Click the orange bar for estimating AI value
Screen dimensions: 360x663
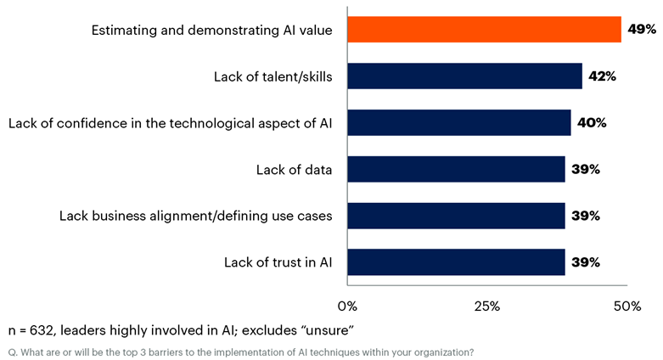pyautogui.click(x=484, y=30)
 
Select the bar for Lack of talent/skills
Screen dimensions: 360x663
pyautogui.click(x=464, y=76)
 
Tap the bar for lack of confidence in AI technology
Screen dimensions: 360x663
pyautogui.click(x=458, y=122)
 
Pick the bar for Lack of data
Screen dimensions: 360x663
pyautogui.click(x=456, y=169)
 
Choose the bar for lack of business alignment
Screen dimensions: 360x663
pyautogui.click(x=456, y=216)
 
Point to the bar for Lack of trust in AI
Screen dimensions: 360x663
pyautogui.click(x=456, y=262)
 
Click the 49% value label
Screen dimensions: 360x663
pyautogui.click(x=642, y=30)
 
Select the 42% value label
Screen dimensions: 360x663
pyautogui.click(x=602, y=76)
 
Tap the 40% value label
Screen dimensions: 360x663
pyautogui.click(x=591, y=122)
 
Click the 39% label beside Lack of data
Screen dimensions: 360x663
pyautogui.click(x=586, y=169)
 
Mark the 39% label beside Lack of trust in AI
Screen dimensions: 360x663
pyautogui.click(x=586, y=262)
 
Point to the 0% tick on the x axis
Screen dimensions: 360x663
pyautogui.click(x=347, y=305)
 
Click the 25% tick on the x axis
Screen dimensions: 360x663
pyautogui.click(x=486, y=305)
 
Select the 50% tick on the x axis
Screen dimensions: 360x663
pyautogui.click(x=626, y=305)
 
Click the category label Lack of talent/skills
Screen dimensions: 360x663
pyautogui.click(x=273, y=76)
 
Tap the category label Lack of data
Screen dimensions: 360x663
pyautogui.click(x=294, y=169)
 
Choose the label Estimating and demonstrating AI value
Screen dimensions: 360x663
pyautogui.click(x=211, y=31)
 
